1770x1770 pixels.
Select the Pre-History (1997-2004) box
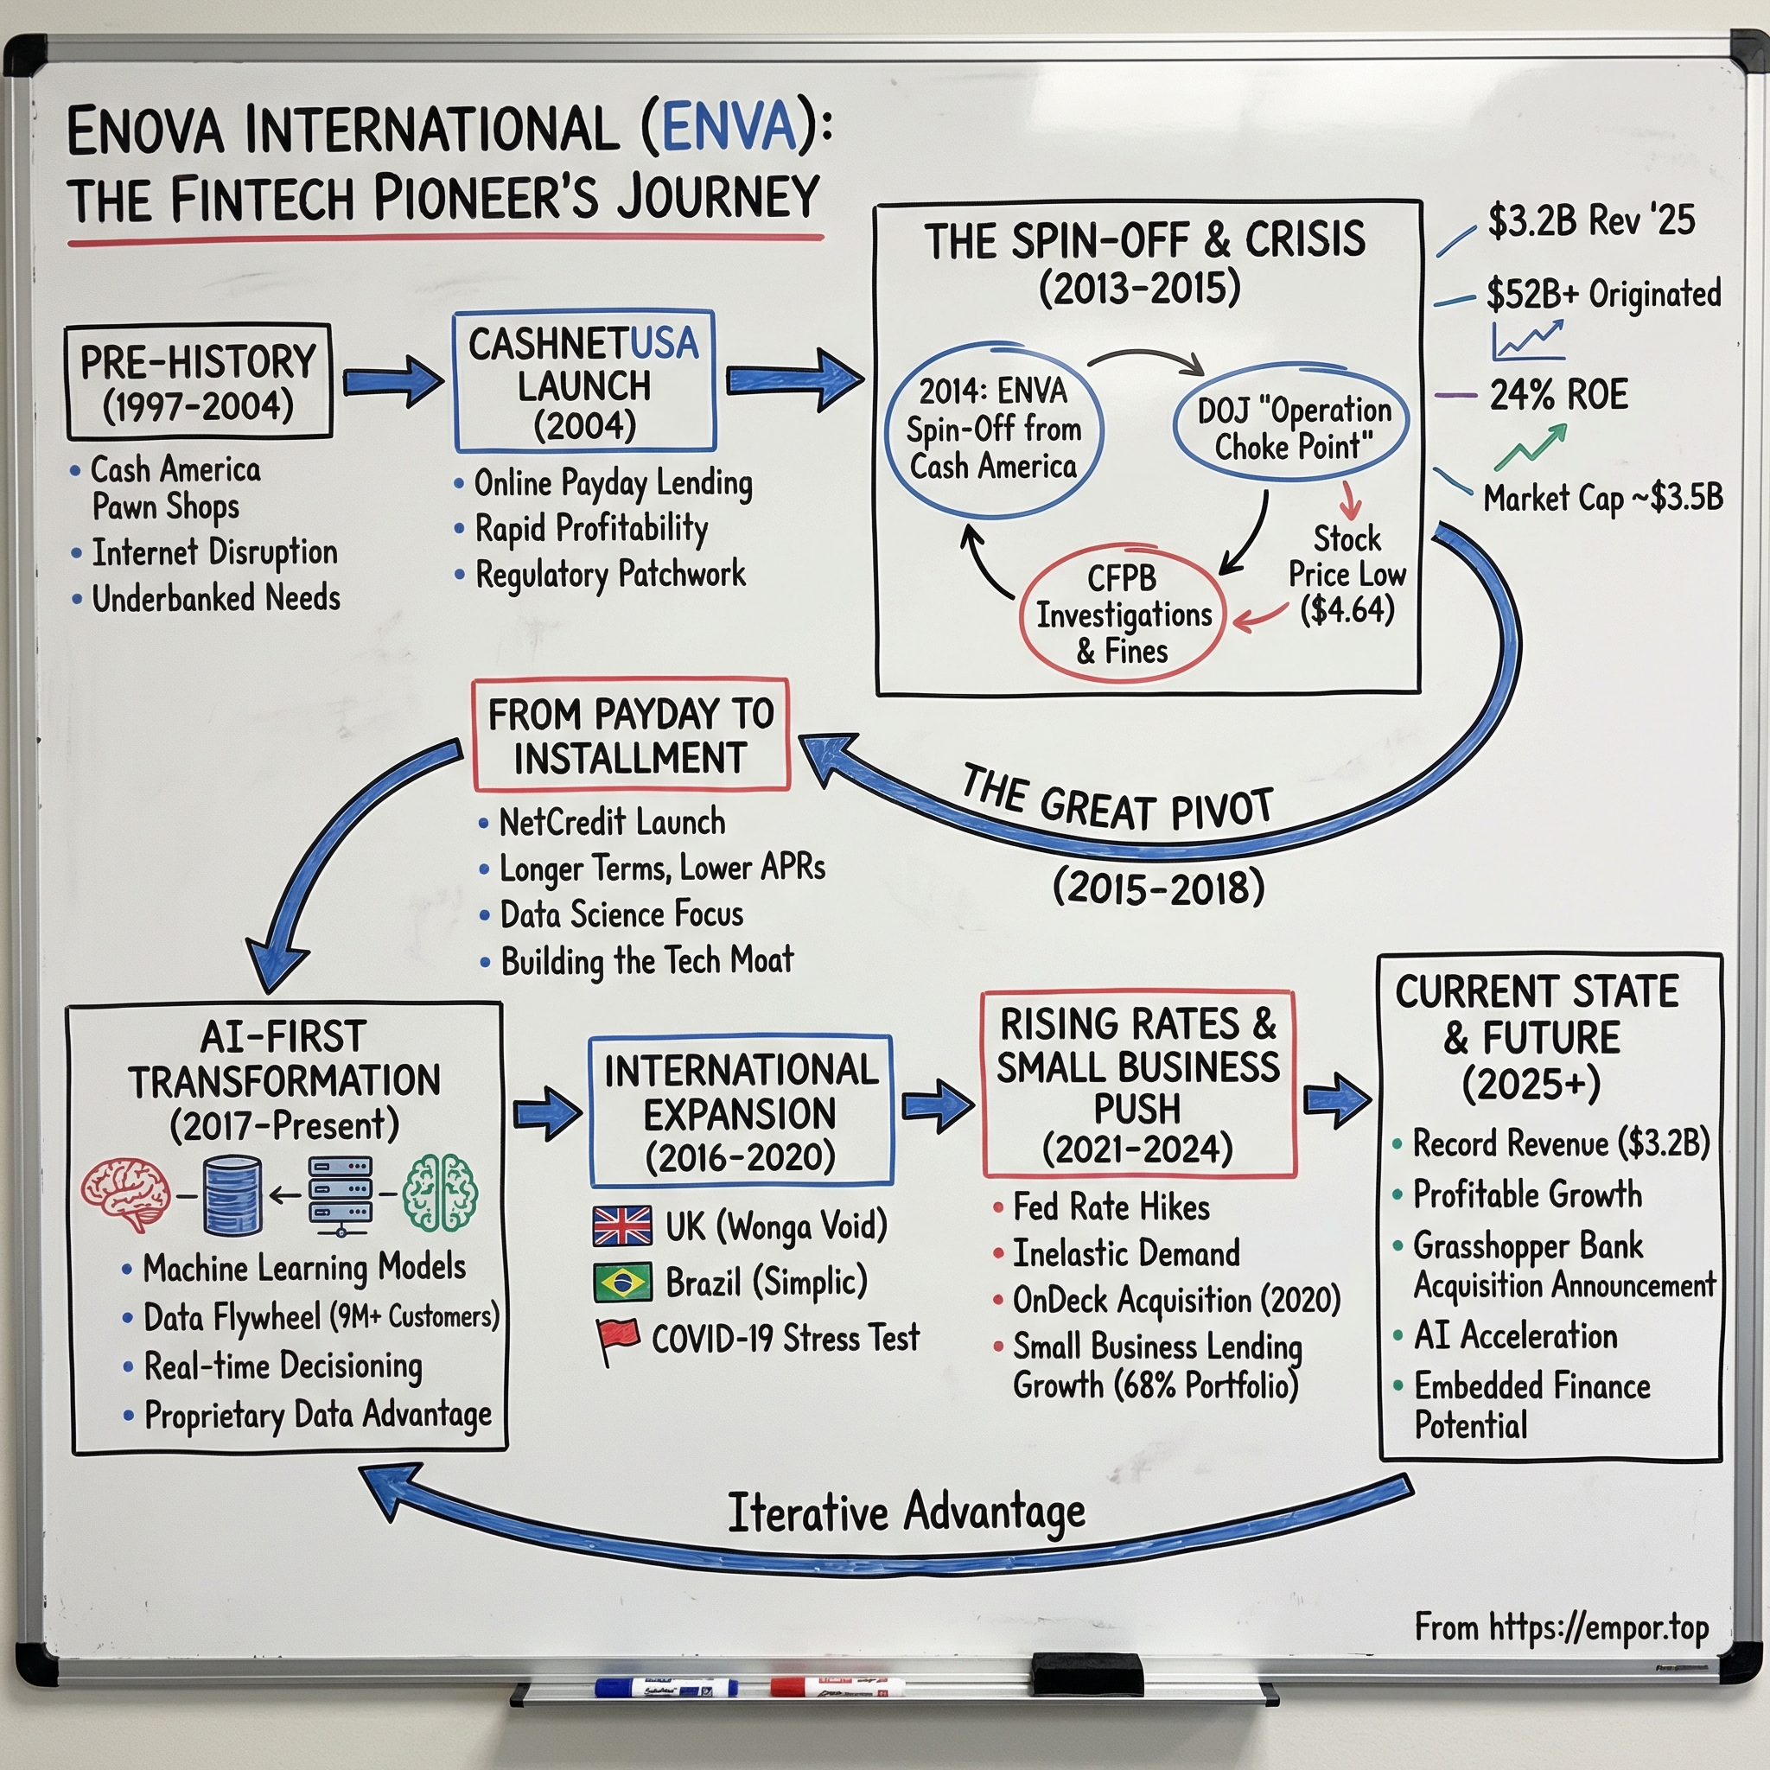pos(198,381)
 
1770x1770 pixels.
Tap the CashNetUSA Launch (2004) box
pos(583,381)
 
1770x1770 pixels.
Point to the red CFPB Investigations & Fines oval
pos(1123,614)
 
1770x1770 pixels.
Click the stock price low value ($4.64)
pos(1347,610)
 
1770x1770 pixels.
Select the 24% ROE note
pos(1557,395)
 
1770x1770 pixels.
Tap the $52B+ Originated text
pos(1603,294)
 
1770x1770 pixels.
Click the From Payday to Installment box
pos(630,735)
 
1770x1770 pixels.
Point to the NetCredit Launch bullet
pos(611,822)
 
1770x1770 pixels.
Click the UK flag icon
pos(622,1226)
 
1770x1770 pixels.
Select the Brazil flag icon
pos(622,1282)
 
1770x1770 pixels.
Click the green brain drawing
pos(441,1192)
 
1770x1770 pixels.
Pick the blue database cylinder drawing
pos(232,1194)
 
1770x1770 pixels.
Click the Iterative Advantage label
pos(905,1512)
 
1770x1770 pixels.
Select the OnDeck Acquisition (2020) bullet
pos(1175,1300)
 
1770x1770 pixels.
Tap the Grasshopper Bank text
pos(1527,1246)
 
